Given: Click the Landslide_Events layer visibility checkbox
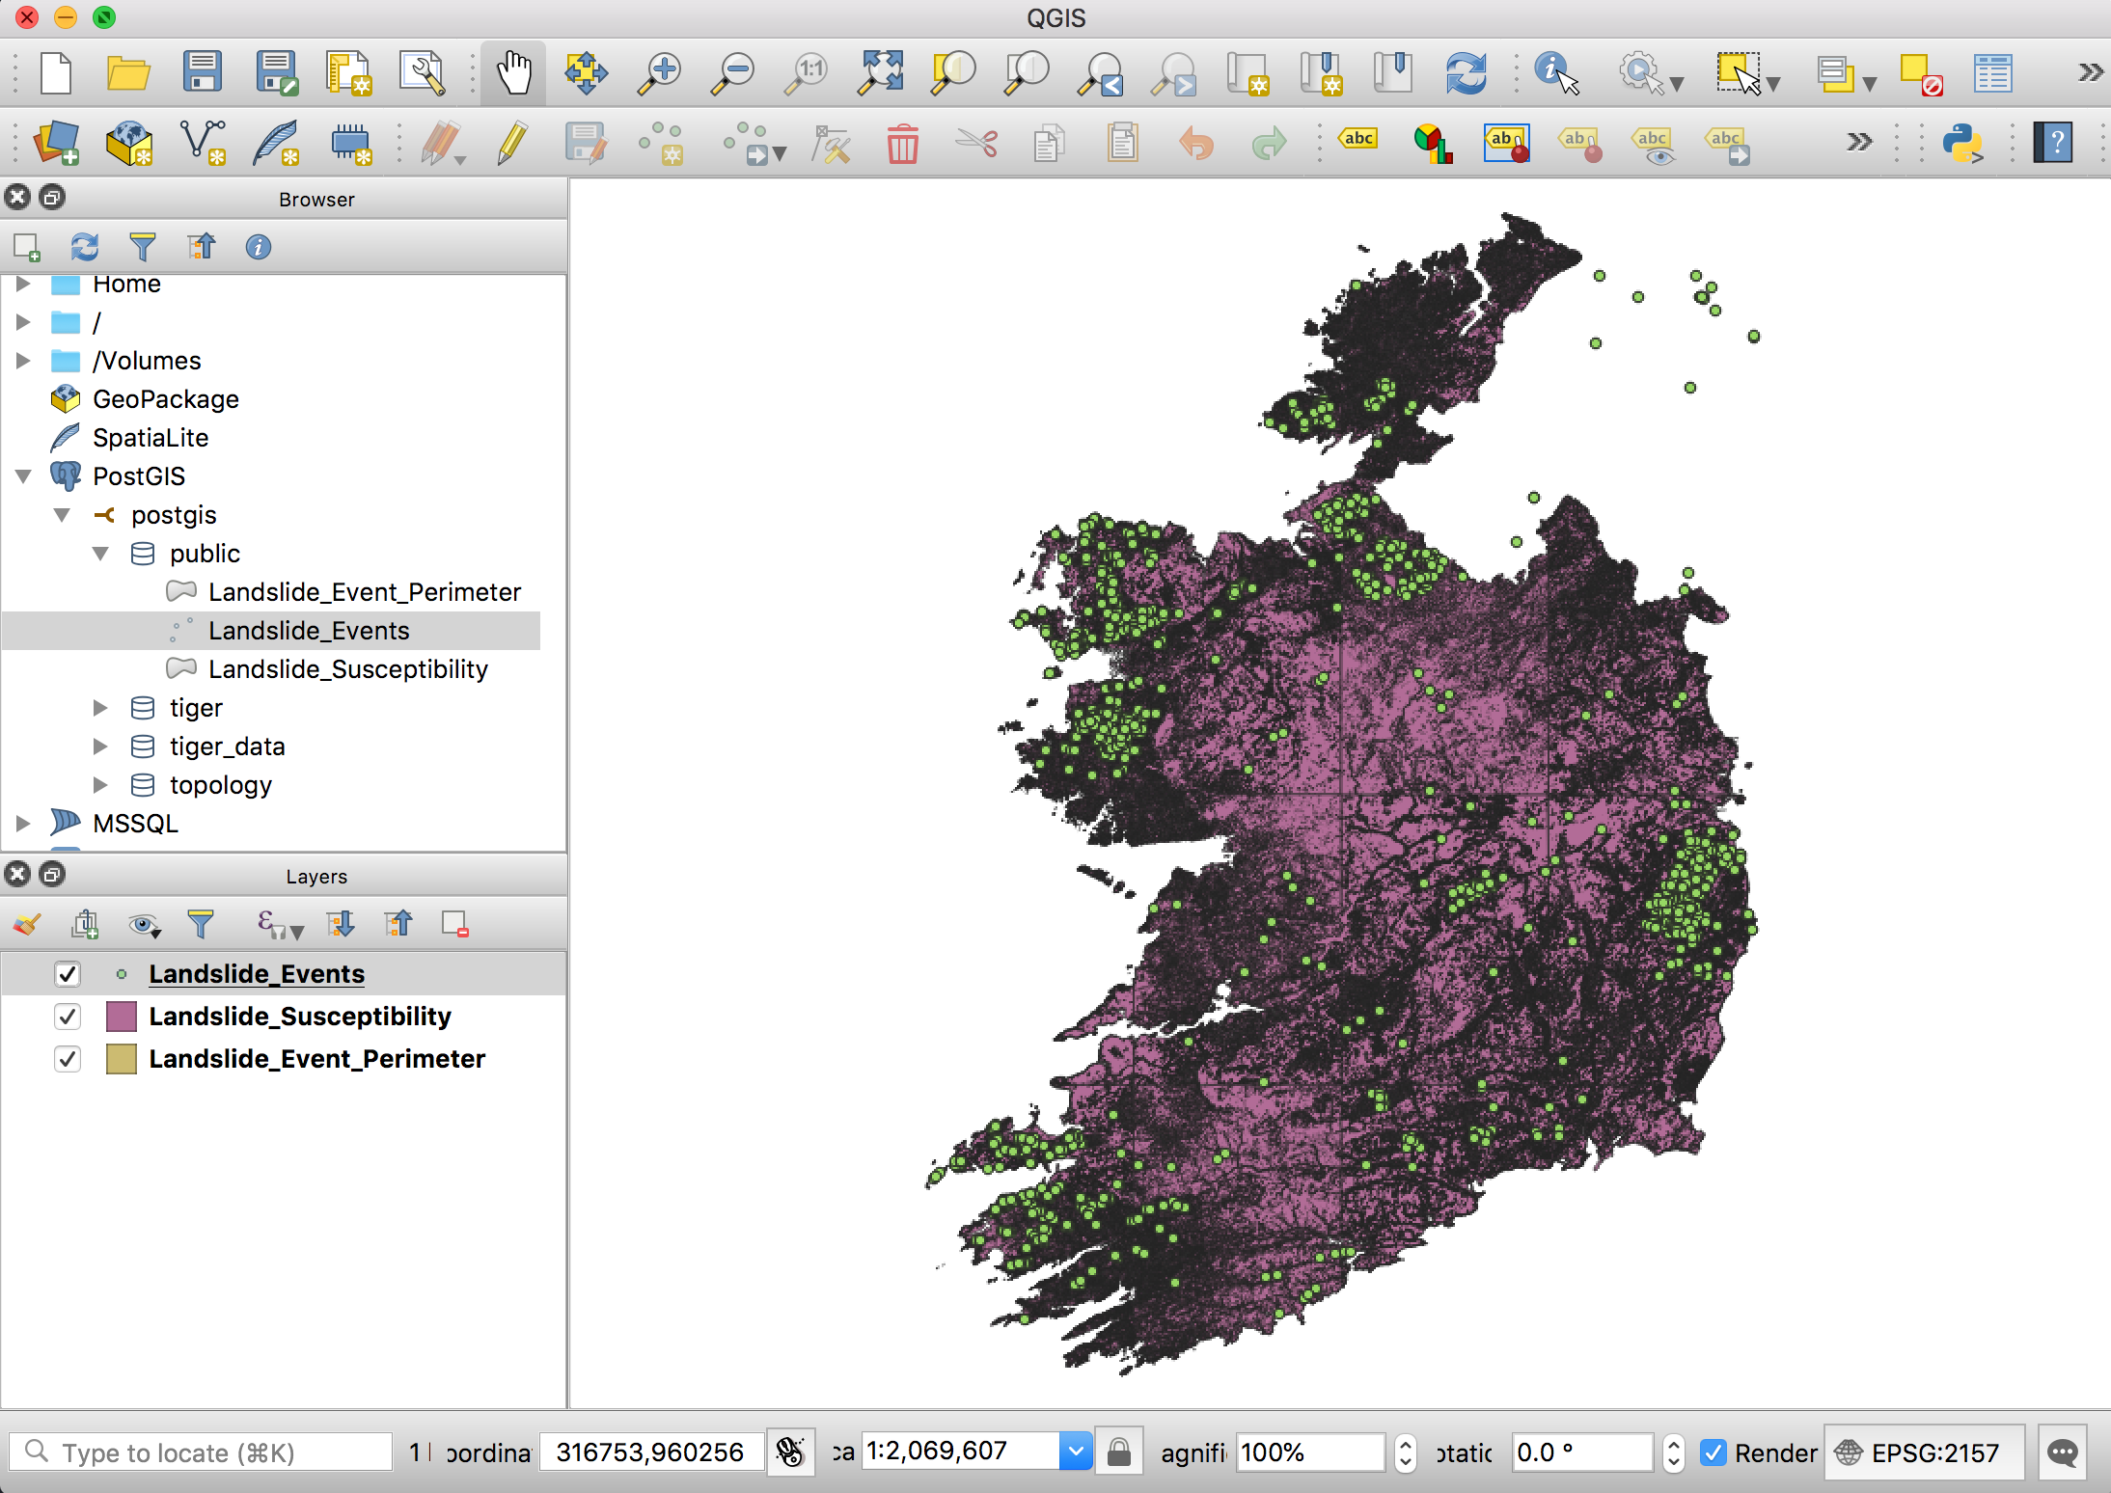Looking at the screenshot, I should [x=67, y=974].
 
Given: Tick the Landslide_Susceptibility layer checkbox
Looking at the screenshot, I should [x=67, y=1017].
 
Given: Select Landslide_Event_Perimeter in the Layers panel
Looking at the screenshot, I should [x=316, y=1059].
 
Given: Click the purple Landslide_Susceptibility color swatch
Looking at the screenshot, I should [x=121, y=1017].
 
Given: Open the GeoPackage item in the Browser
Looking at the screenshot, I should [x=165, y=399].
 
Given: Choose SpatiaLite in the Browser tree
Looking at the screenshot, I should [x=150, y=438].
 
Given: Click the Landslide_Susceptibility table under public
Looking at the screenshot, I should [x=347, y=669].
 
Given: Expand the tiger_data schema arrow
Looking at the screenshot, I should [x=100, y=746].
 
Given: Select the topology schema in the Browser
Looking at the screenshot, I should [x=220, y=785].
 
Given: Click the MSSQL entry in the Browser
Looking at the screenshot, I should [x=135, y=824].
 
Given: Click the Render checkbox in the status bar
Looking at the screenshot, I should [x=1713, y=1452].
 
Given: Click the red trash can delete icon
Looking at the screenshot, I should [x=902, y=145].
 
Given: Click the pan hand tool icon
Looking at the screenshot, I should [x=513, y=73].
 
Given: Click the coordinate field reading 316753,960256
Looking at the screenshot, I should [x=650, y=1452].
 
